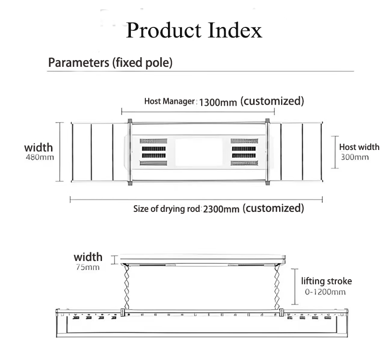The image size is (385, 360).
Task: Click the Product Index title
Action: (x=194, y=30)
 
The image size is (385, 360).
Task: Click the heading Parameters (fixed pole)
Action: (x=110, y=62)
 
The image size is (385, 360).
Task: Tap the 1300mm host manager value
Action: (x=218, y=102)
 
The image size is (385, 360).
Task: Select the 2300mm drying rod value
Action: (x=221, y=209)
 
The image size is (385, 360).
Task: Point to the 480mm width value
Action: (x=40, y=157)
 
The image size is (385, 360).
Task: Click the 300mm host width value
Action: (x=355, y=157)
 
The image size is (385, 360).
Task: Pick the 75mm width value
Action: (x=88, y=267)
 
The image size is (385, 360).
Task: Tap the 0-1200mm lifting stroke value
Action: (x=325, y=292)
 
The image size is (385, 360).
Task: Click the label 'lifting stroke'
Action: (x=327, y=281)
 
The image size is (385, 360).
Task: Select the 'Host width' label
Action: (x=359, y=147)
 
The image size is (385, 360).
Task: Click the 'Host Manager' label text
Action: (x=169, y=101)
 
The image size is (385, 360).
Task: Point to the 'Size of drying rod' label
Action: (x=167, y=209)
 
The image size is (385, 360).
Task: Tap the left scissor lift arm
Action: (x=127, y=286)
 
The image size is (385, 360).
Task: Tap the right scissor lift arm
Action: (x=277, y=286)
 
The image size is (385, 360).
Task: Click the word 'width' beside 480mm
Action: (x=38, y=148)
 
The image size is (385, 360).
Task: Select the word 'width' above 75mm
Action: (x=88, y=257)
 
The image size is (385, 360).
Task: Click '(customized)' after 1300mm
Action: (x=272, y=101)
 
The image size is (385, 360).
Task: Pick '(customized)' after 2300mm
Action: (x=273, y=208)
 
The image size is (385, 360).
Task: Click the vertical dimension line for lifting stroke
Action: (x=295, y=286)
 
